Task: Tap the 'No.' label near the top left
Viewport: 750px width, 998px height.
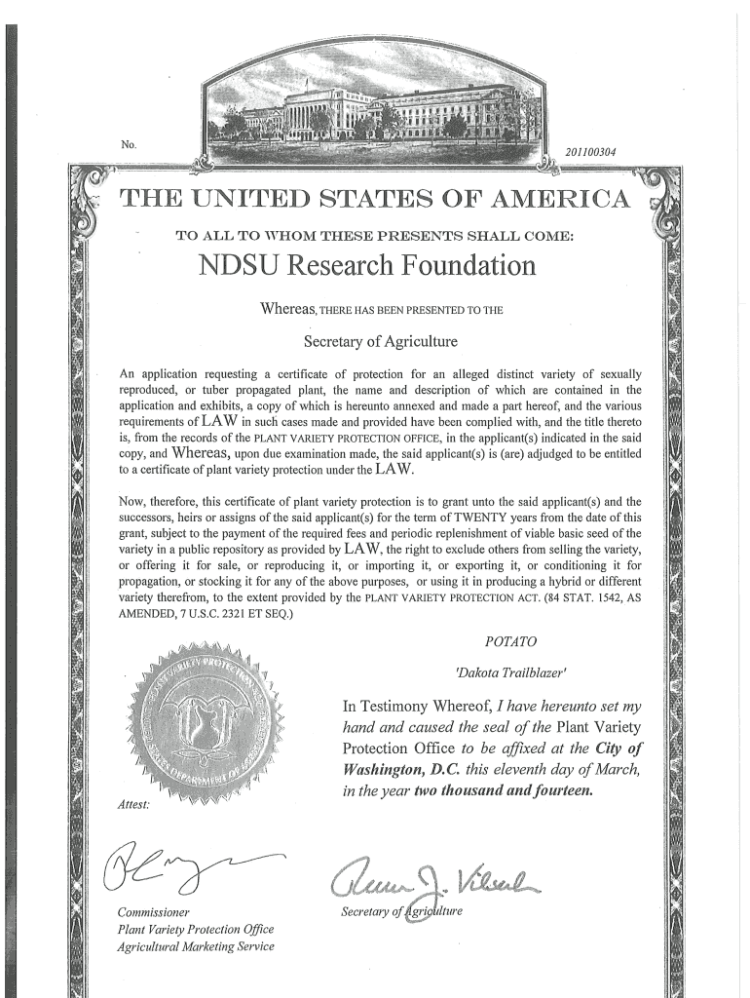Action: (129, 145)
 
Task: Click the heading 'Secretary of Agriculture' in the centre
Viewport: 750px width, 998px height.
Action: (380, 341)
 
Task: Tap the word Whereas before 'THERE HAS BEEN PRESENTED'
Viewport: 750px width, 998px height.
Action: (289, 310)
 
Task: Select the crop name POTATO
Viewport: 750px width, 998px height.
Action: (509, 641)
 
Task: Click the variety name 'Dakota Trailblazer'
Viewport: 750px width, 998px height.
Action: (498, 672)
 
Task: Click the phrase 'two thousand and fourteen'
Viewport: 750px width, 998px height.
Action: (503, 791)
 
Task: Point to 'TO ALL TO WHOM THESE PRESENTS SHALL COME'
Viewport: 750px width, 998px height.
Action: (374, 235)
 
